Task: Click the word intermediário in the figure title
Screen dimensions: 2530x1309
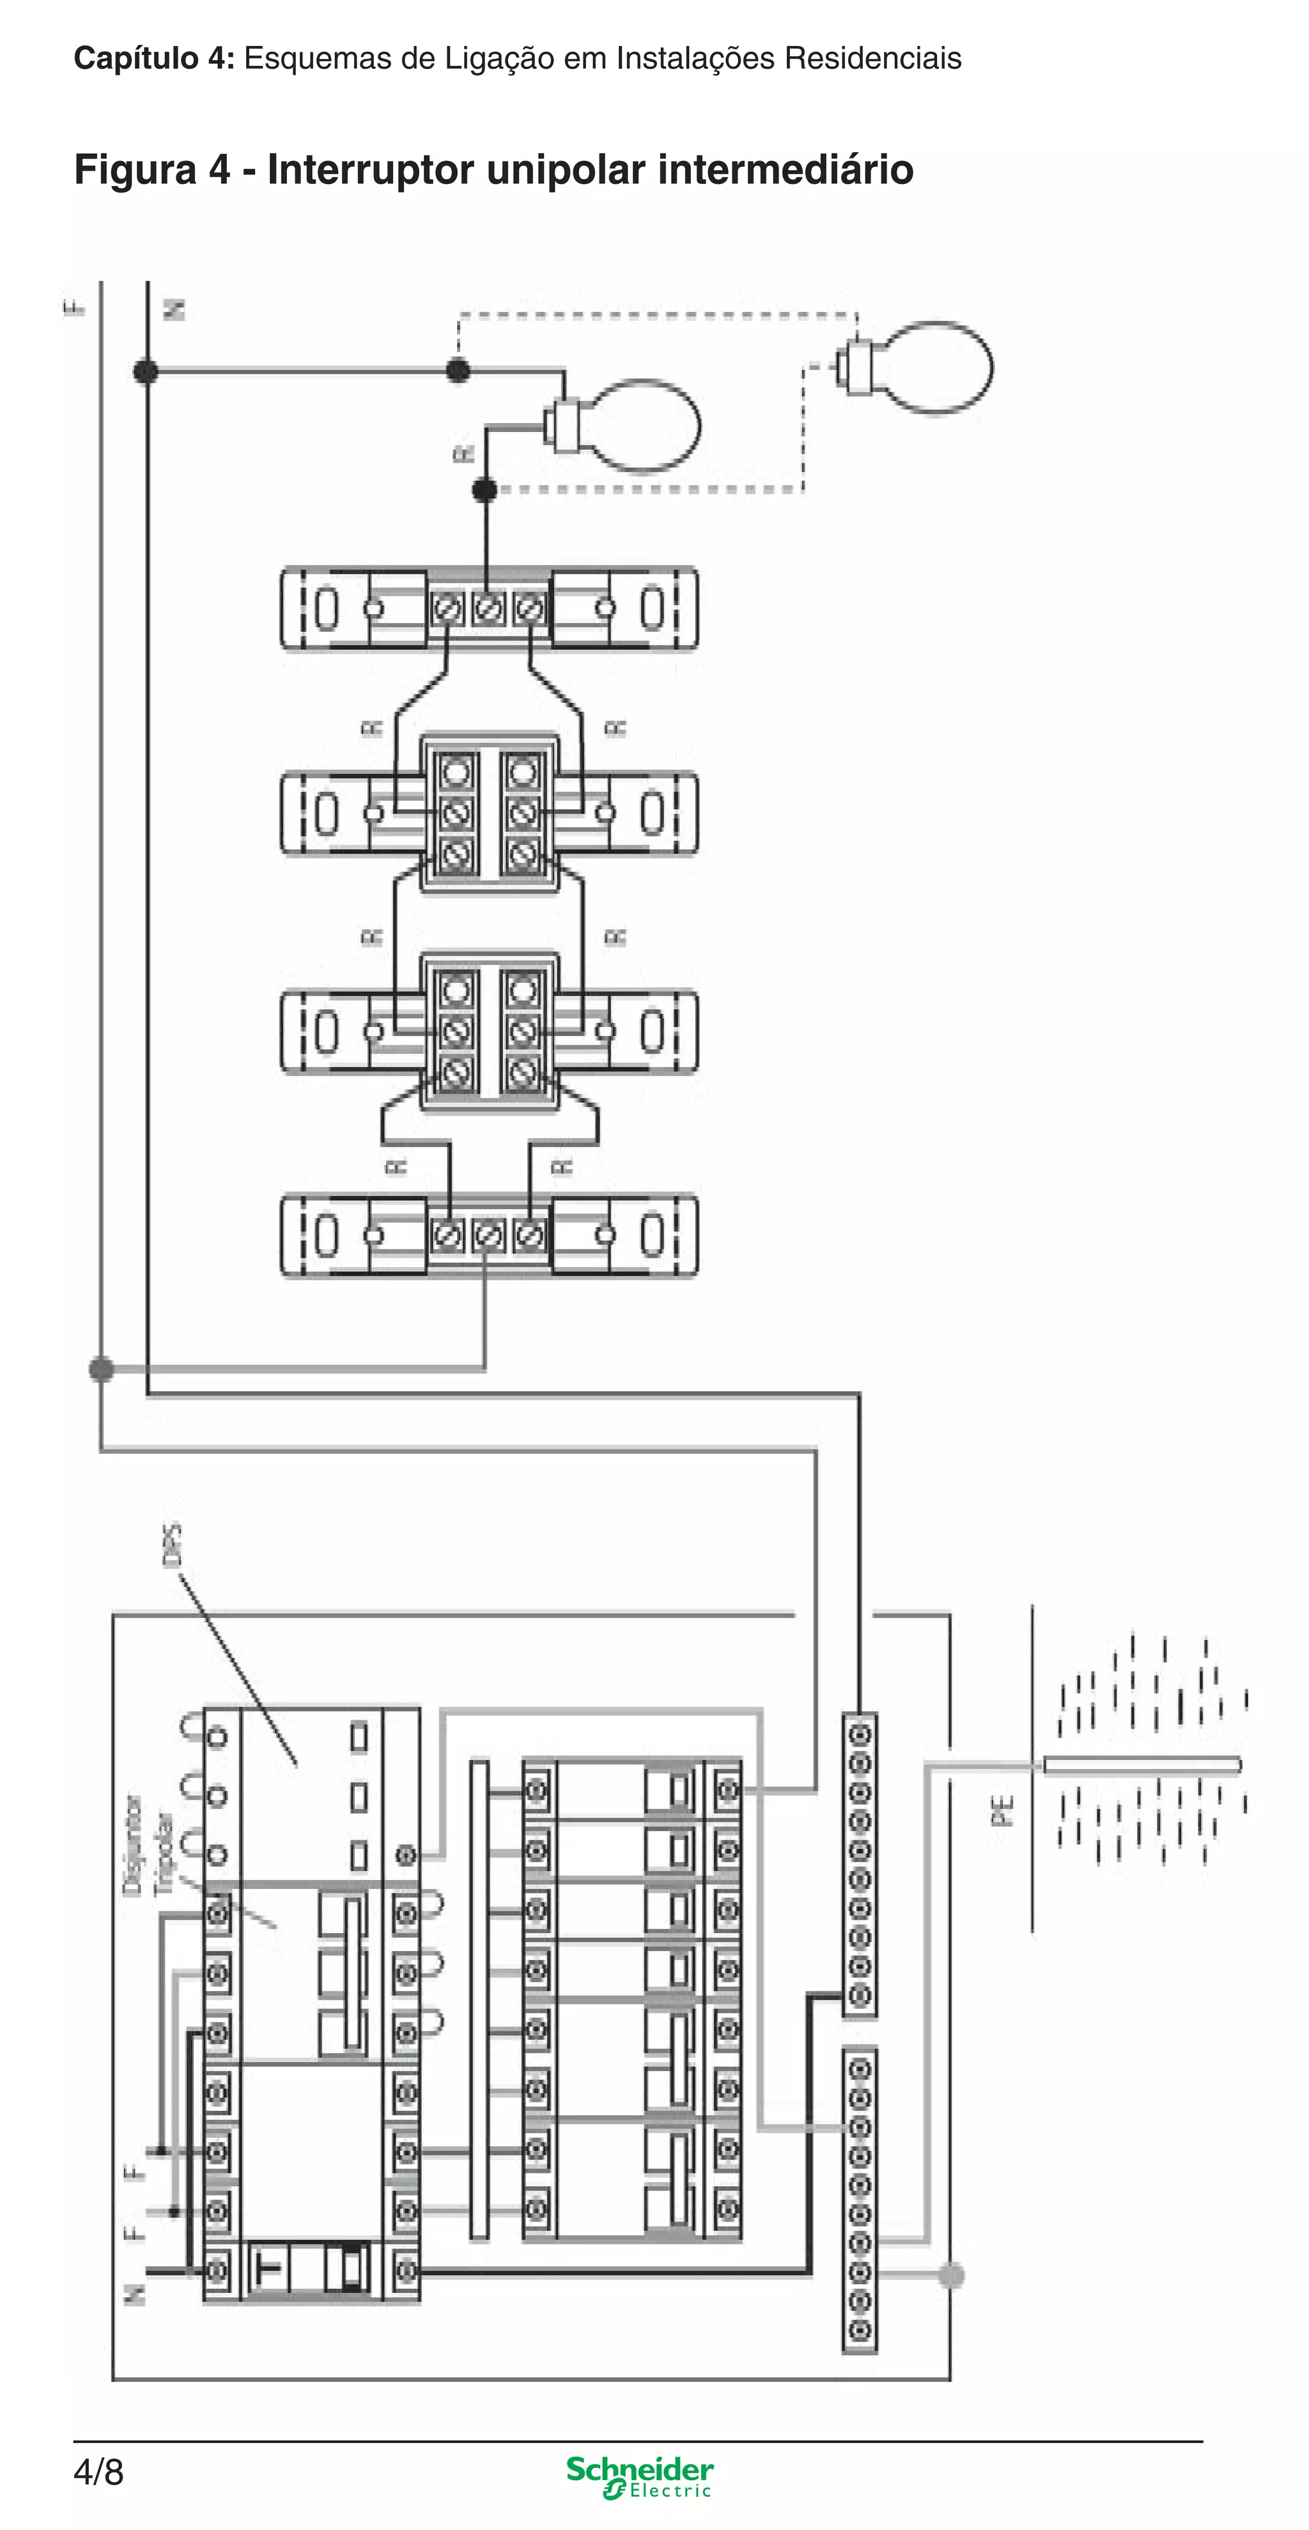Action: (x=786, y=170)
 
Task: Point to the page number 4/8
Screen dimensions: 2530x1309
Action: (x=98, y=2471)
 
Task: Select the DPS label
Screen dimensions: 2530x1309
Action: (x=172, y=1545)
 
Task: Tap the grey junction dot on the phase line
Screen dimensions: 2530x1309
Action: (x=101, y=1368)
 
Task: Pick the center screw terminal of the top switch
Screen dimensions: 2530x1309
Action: (x=488, y=609)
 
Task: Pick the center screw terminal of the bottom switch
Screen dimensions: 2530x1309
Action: (x=488, y=1235)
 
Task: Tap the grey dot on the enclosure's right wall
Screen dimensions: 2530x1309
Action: (x=950, y=2274)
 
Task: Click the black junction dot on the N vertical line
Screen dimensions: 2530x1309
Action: (x=145, y=371)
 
